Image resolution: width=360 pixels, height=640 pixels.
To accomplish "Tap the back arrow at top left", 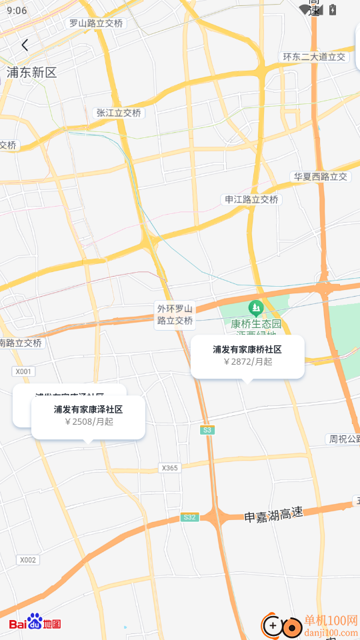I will (x=25, y=45).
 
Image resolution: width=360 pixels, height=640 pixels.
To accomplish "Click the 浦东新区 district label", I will (x=31, y=73).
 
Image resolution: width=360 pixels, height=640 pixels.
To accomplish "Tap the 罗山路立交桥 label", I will (x=96, y=23).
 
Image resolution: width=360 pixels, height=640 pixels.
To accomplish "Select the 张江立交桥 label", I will (x=119, y=113).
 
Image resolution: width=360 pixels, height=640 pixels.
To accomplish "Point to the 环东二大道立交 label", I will (x=314, y=57).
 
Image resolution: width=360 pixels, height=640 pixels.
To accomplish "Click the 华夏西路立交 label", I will (x=320, y=177).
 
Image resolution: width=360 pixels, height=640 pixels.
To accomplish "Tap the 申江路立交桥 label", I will (x=251, y=199).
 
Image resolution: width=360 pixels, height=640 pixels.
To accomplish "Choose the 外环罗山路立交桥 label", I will (x=175, y=315).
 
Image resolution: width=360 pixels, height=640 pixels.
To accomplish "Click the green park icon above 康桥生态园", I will (x=255, y=308).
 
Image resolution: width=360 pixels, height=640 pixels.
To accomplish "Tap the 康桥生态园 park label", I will (x=257, y=324).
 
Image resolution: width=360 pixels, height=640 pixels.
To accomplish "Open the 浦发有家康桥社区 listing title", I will (x=247, y=349).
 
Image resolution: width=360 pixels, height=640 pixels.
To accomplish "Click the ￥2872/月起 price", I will (x=247, y=362).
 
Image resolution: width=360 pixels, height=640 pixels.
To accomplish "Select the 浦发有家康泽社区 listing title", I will (x=88, y=409).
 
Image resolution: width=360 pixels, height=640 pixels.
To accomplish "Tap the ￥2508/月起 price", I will (x=88, y=421).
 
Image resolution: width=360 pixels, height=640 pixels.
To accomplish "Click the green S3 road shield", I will (x=208, y=430).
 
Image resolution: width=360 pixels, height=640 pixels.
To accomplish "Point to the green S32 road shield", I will (x=189, y=517).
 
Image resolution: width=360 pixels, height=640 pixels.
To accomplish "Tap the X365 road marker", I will (x=169, y=468).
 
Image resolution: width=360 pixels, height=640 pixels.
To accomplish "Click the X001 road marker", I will (x=23, y=371).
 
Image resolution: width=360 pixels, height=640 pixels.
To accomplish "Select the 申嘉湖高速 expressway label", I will (x=273, y=515).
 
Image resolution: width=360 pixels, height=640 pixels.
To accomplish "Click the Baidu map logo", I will (x=35, y=624).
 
